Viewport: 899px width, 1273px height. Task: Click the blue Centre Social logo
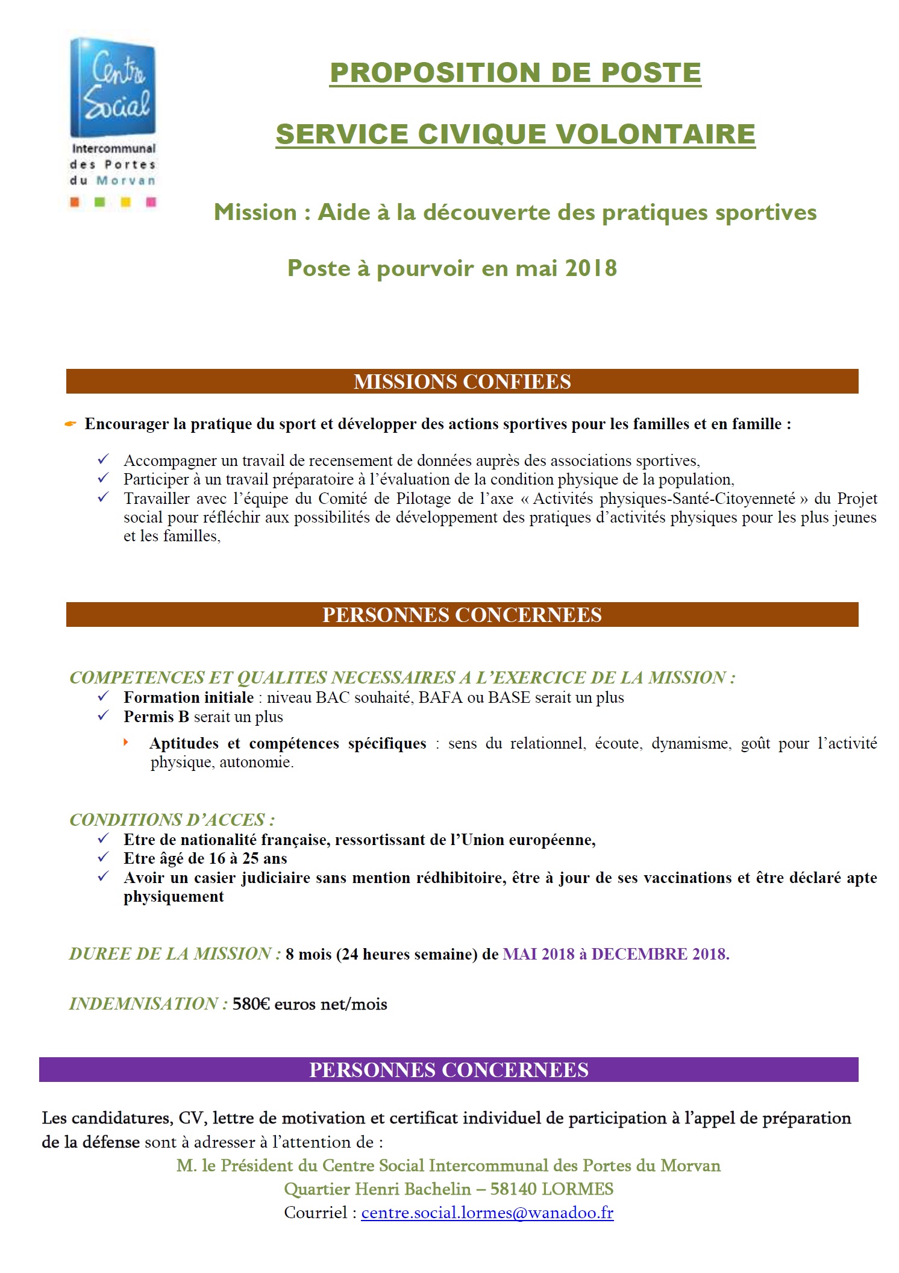(x=113, y=87)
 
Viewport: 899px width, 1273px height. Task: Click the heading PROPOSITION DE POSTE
(x=516, y=73)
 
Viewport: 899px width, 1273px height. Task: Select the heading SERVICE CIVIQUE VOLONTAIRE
(x=516, y=134)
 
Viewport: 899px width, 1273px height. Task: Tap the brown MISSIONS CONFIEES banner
(x=462, y=382)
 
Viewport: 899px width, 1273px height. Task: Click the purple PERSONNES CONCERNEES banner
(x=449, y=1070)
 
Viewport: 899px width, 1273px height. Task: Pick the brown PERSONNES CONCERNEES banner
(x=462, y=615)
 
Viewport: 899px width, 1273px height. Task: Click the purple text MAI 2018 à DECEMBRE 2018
(x=616, y=954)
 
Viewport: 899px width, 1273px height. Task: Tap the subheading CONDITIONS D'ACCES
(x=172, y=820)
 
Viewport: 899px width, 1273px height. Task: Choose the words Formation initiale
(x=189, y=697)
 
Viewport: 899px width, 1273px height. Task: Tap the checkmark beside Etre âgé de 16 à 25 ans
(x=103, y=857)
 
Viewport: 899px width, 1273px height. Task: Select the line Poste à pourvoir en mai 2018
(x=452, y=268)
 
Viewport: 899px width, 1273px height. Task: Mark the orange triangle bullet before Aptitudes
(x=126, y=742)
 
